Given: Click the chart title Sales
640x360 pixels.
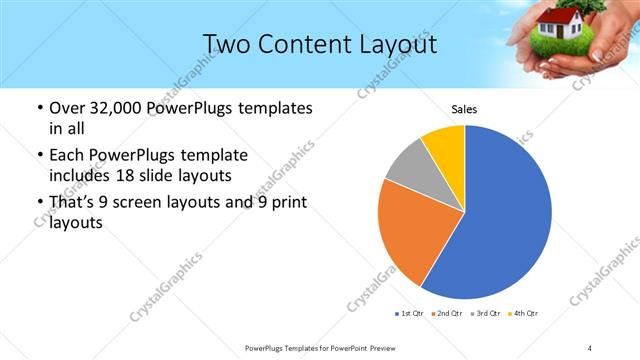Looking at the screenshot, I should point(464,109).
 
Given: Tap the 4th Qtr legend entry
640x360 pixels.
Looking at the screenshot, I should point(525,314).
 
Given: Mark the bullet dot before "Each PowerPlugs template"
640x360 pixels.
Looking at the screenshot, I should point(40,156).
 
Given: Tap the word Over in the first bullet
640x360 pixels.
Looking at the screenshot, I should point(66,107).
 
